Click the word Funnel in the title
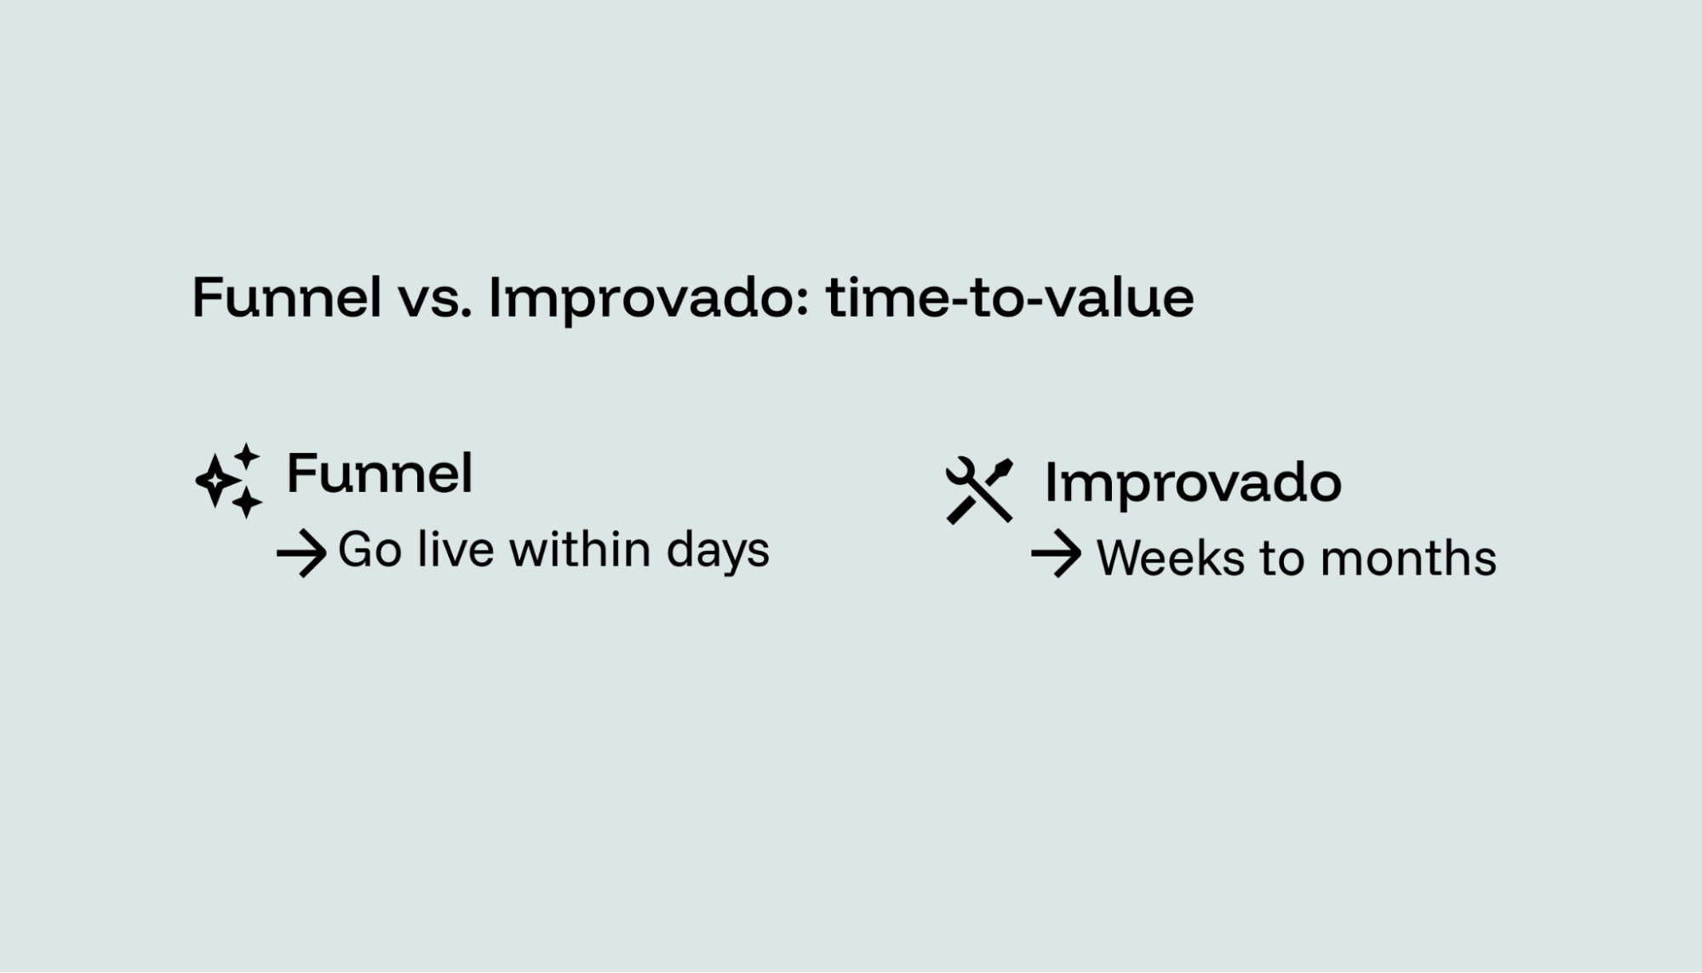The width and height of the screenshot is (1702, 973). coord(286,298)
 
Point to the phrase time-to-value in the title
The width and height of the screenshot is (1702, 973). coord(1010,298)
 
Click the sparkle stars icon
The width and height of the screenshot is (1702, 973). coord(228,481)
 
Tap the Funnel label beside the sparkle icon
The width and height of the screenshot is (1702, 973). coord(379,473)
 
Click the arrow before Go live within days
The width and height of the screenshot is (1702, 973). coord(301,553)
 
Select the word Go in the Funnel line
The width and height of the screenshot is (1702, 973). coord(370,550)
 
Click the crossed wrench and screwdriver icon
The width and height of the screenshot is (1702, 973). coord(979,490)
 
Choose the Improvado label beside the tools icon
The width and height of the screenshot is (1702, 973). coord(1193,484)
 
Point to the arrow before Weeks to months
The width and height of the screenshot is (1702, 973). coord(1056,554)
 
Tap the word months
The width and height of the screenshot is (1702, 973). coord(1408,558)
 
